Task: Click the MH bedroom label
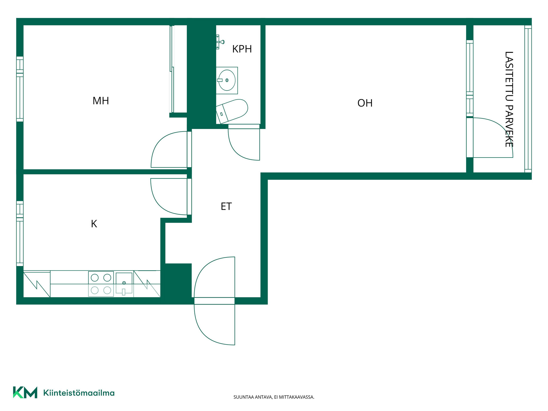pyautogui.click(x=101, y=101)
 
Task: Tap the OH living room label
pyautogui.click(x=365, y=103)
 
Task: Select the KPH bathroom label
pyautogui.click(x=242, y=49)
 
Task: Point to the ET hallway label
pyautogui.click(x=226, y=206)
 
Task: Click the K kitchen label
pyautogui.click(x=94, y=224)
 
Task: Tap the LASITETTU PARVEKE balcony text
pyautogui.click(x=509, y=99)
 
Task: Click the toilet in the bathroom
pyautogui.click(x=232, y=111)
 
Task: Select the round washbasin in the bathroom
pyautogui.click(x=227, y=80)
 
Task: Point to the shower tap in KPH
pyautogui.click(x=220, y=42)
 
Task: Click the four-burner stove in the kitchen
pyautogui.click(x=101, y=284)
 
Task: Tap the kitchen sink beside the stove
pyautogui.click(x=124, y=284)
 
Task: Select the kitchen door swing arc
pyautogui.click(x=160, y=204)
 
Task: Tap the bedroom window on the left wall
pyautogui.click(x=20, y=89)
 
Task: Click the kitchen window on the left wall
pyautogui.click(x=20, y=233)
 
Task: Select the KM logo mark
pyautogui.click(x=25, y=392)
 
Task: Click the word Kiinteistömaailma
pyautogui.click(x=79, y=393)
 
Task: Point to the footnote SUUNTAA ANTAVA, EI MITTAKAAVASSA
pyautogui.click(x=274, y=397)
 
